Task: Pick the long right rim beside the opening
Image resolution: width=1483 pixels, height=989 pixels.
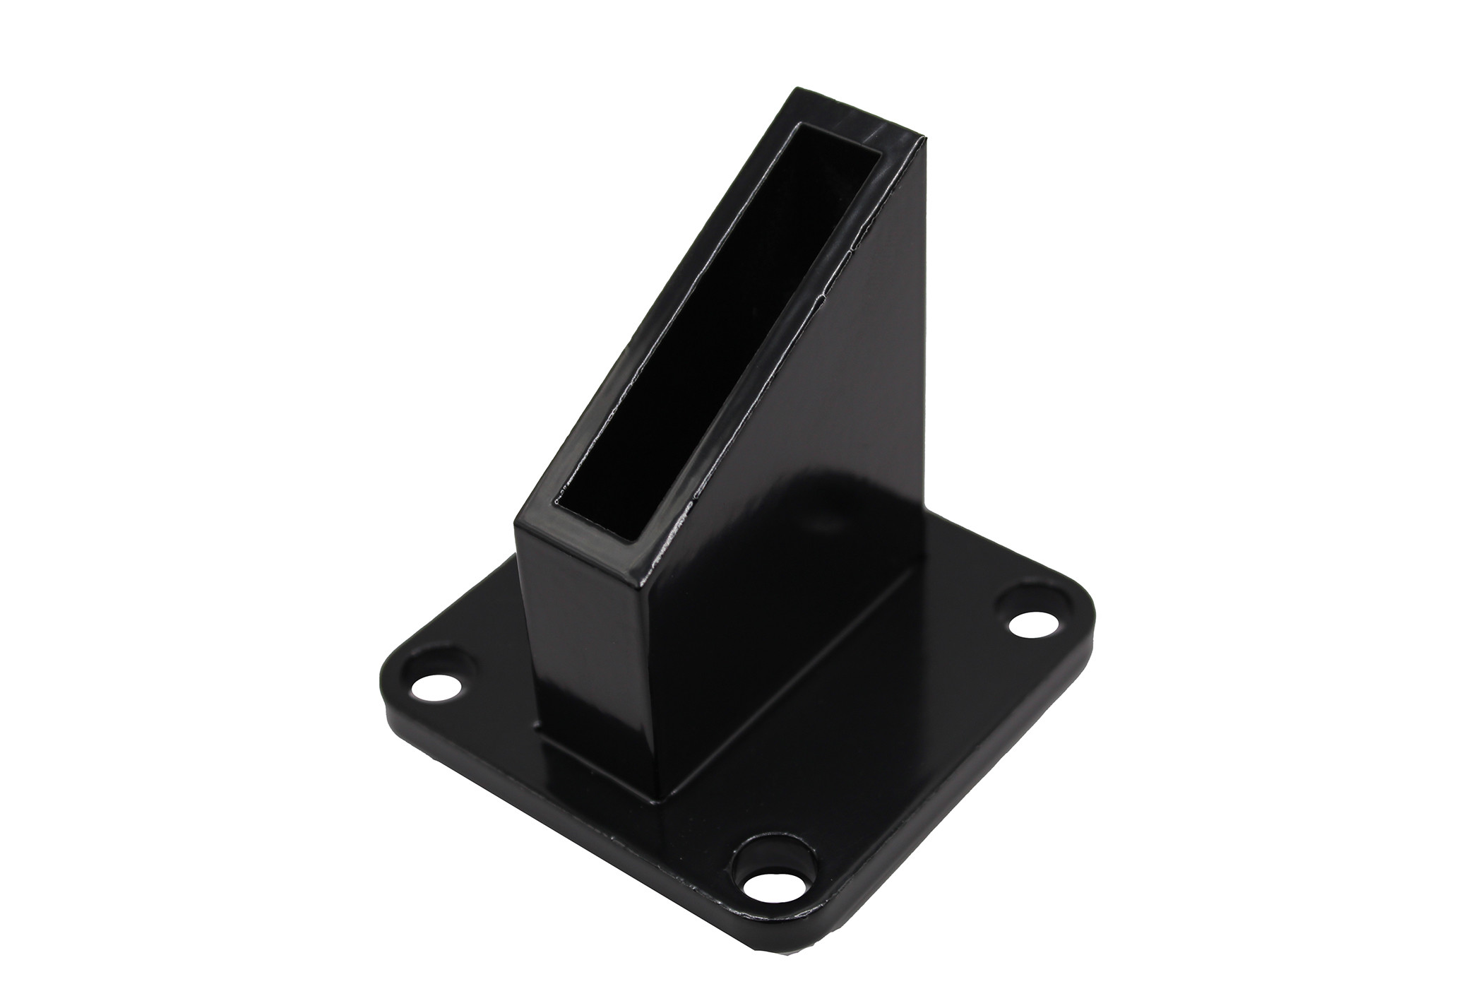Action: click(798, 353)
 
